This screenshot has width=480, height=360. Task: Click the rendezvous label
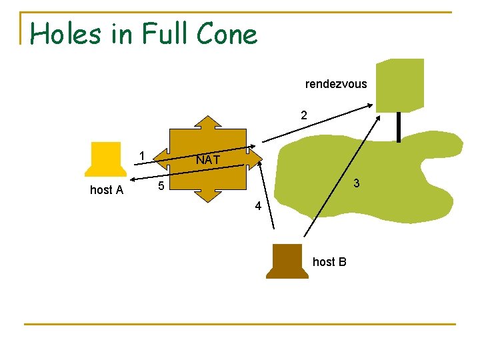pyautogui.click(x=336, y=84)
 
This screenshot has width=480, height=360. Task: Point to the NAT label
pyautogui.click(x=208, y=160)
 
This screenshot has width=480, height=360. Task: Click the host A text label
pyautogui.click(x=107, y=190)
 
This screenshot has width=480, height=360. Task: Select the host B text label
pyautogui.click(x=329, y=262)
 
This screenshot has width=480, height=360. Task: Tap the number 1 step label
pyautogui.click(x=141, y=156)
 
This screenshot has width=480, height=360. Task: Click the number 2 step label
pyautogui.click(x=304, y=115)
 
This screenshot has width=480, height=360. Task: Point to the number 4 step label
pyautogui.click(x=258, y=207)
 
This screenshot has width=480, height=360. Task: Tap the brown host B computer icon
pyautogui.click(x=288, y=261)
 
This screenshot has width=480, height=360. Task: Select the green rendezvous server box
pyautogui.click(x=399, y=84)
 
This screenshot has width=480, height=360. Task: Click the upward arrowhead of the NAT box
pyautogui.click(x=208, y=123)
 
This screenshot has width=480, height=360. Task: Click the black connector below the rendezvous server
pyautogui.click(x=399, y=127)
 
